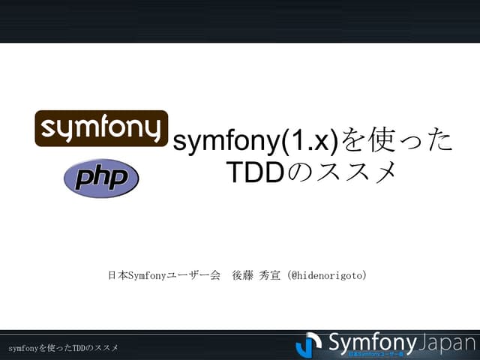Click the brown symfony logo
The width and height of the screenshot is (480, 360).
[x=101, y=128]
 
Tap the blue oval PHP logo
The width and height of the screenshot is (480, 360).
[x=101, y=178]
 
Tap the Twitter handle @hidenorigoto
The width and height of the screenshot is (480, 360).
[x=330, y=276]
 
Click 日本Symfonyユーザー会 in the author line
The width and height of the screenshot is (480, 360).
[x=164, y=276]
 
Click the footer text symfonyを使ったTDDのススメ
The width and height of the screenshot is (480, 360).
[x=64, y=348]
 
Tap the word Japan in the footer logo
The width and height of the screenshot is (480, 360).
[x=445, y=343]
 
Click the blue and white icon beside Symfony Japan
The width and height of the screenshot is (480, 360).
[x=309, y=344]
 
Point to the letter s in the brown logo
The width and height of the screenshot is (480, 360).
[x=49, y=129]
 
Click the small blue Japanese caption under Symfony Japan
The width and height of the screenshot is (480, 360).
[x=376, y=353]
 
